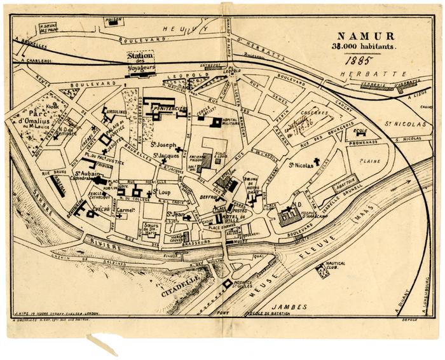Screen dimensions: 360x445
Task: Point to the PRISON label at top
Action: [113, 20]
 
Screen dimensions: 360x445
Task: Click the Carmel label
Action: [125, 209]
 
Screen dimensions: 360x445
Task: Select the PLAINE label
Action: [369, 162]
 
